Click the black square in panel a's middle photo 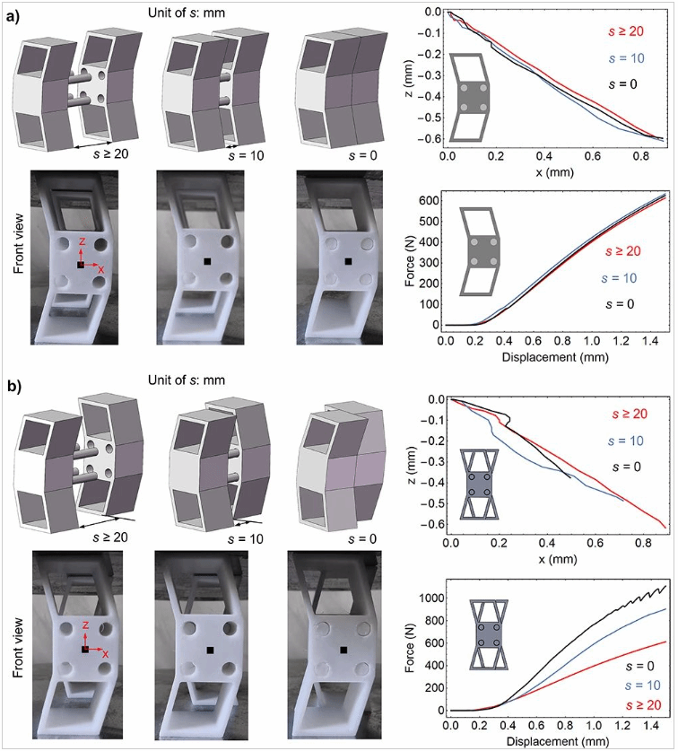[x=207, y=262]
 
